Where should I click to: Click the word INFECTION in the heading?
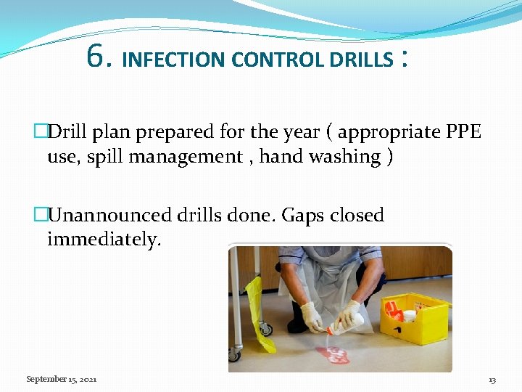point(175,60)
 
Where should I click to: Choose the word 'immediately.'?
point(104,240)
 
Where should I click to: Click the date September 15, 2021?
point(62,380)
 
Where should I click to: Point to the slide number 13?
point(492,380)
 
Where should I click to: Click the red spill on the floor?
point(333,355)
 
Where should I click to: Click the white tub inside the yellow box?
point(410,317)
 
